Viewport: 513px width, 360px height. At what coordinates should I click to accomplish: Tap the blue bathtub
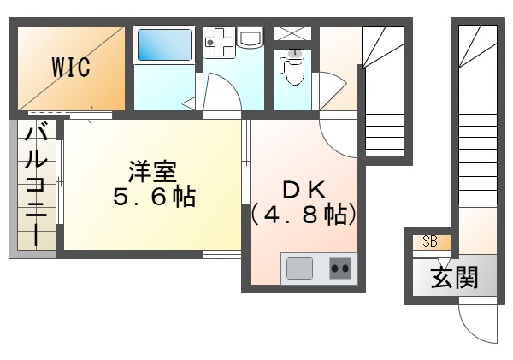pos(163,44)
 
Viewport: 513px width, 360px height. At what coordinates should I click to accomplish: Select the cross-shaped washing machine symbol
pos(219,43)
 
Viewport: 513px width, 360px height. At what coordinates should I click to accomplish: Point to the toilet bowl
pos(293,68)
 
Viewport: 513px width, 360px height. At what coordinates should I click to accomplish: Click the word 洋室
pos(154,170)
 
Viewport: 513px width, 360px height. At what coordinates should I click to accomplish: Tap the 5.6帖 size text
pos(154,198)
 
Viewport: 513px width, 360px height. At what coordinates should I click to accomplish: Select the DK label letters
pos(304,189)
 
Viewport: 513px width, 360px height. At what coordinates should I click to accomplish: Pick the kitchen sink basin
pos(299,269)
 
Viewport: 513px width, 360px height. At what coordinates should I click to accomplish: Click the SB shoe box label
pos(430,242)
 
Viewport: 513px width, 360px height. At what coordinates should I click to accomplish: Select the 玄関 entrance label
pos(453,277)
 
